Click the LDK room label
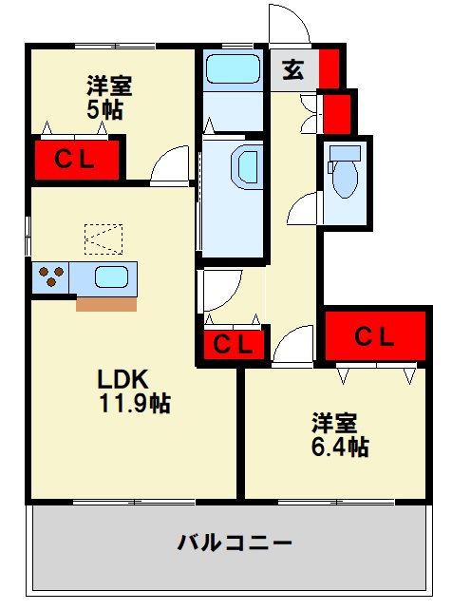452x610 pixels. [122, 379]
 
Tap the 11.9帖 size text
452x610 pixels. [135, 403]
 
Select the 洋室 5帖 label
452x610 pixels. [109, 98]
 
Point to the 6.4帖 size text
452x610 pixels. [340, 447]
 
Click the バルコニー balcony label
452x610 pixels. [235, 543]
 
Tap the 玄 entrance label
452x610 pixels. [293, 70]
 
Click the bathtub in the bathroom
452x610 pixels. [233, 68]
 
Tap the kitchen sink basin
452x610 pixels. [111, 277]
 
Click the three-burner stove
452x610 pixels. [50, 277]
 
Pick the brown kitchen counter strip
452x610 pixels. [106, 305]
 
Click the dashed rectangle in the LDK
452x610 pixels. [104, 239]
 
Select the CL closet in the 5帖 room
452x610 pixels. [77, 160]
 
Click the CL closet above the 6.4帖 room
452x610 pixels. [375, 335]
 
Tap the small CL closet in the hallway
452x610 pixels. [234, 344]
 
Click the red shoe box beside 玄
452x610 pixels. [330, 68]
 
